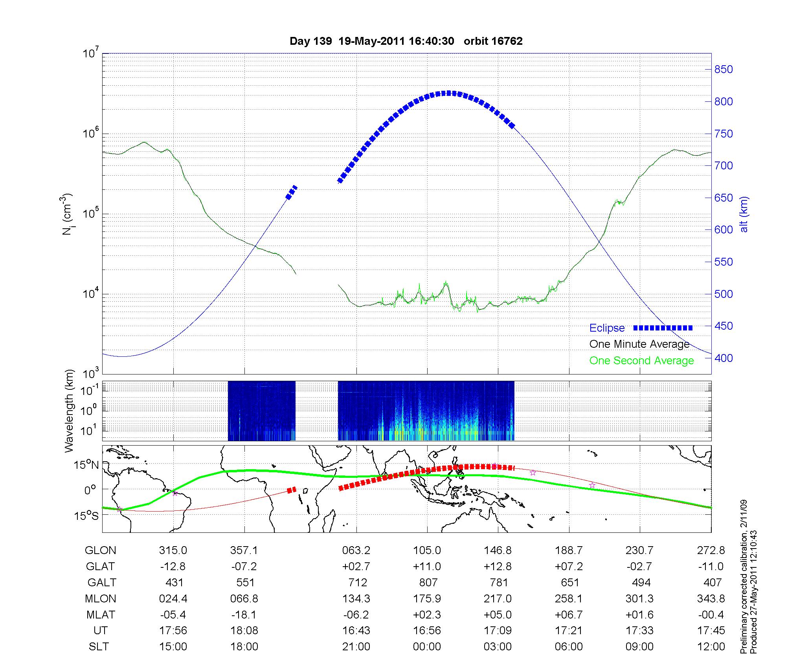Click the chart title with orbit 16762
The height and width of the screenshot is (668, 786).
click(x=406, y=41)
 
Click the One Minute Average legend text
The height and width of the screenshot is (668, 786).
click(x=639, y=344)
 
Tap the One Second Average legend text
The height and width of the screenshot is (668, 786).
click(x=641, y=361)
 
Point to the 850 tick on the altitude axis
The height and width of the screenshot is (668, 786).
click(x=724, y=70)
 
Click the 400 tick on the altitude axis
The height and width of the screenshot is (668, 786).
click(x=724, y=358)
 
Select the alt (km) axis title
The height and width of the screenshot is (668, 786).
click(x=744, y=214)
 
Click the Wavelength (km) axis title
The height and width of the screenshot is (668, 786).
click(x=69, y=411)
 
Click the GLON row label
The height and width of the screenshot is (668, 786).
click(x=101, y=551)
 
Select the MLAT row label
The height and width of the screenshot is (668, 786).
click(x=101, y=615)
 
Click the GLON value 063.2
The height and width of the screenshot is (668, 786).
click(x=356, y=551)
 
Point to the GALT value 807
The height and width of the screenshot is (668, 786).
click(x=428, y=582)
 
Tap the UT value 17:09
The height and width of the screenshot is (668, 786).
click(x=498, y=631)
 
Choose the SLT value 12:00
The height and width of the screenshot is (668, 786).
click(x=711, y=646)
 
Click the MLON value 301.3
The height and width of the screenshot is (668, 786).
click(x=640, y=598)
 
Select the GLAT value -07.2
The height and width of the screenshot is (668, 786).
click(x=244, y=566)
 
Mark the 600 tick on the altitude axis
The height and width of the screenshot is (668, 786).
click(x=724, y=230)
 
